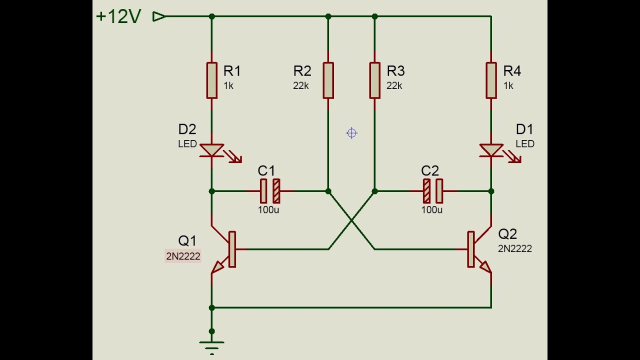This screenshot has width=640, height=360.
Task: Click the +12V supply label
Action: [118, 16]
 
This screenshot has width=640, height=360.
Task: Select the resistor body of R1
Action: [211, 80]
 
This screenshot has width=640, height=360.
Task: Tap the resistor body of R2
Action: [328, 80]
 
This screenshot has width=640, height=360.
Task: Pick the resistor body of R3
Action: [374, 80]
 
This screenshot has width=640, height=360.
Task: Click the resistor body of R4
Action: [491, 80]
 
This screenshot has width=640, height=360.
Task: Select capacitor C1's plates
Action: [270, 191]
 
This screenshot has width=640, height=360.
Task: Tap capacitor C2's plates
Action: [432, 191]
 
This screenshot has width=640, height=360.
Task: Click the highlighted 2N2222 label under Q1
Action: [183, 256]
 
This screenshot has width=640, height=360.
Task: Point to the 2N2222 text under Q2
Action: [514, 248]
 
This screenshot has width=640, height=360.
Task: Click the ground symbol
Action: [211, 345]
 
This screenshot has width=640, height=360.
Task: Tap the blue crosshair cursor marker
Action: [351, 133]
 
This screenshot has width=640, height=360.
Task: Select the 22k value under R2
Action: [301, 86]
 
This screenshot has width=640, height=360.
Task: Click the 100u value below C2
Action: [432, 210]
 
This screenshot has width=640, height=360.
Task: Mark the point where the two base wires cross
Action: [351, 220]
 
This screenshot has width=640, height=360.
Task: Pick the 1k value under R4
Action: [508, 86]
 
